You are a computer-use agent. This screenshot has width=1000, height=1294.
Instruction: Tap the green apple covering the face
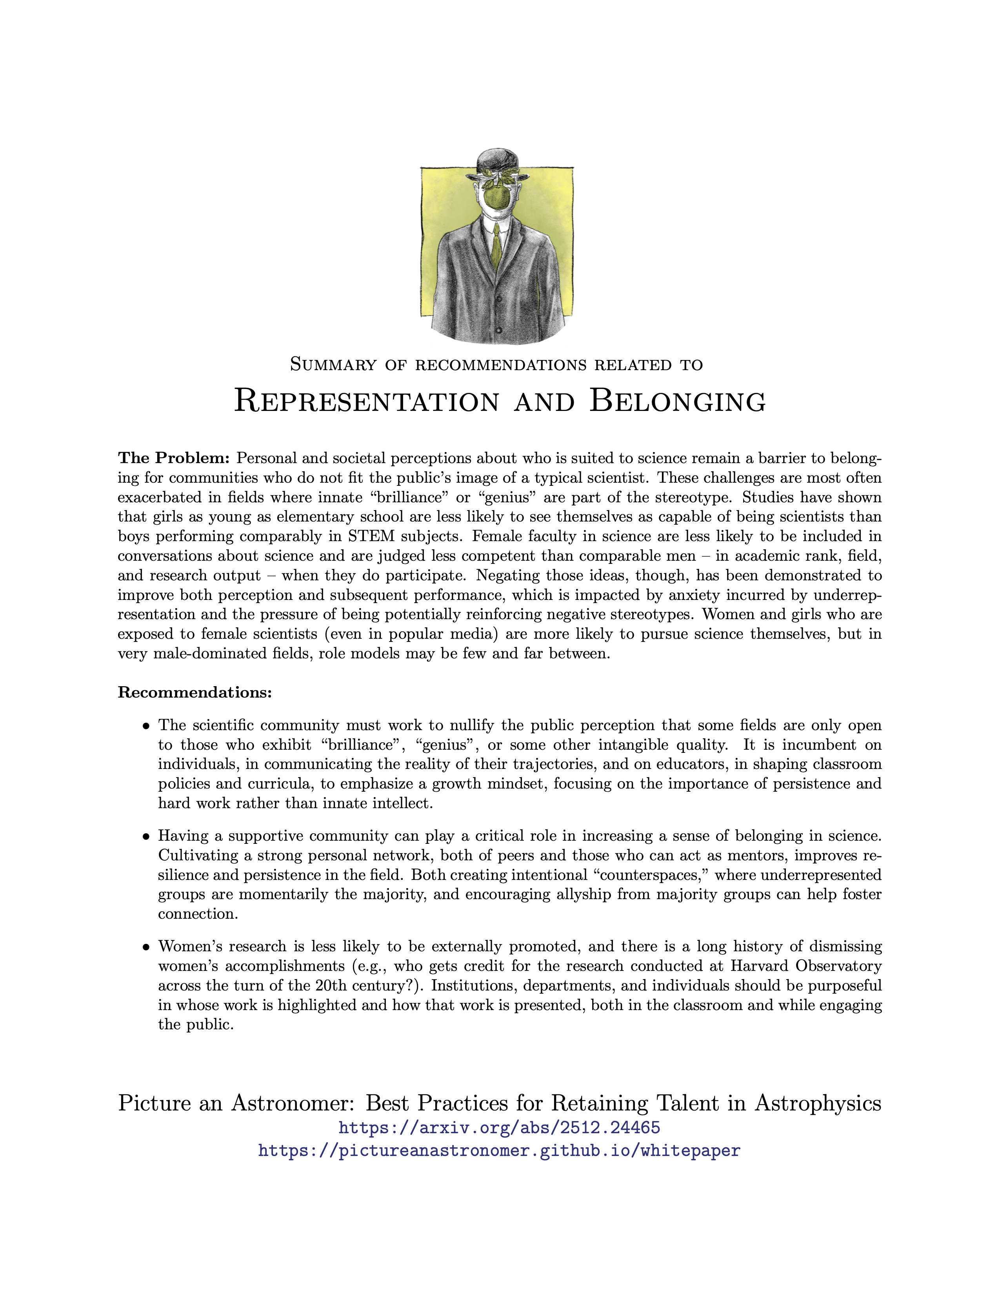click(x=496, y=196)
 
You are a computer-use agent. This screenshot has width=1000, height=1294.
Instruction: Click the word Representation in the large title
click(x=367, y=401)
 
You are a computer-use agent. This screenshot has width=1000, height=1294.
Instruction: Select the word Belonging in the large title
click(x=677, y=401)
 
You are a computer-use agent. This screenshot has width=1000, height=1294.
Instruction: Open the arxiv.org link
click(x=499, y=1127)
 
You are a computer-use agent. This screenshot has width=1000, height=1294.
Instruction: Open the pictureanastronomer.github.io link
click(x=499, y=1150)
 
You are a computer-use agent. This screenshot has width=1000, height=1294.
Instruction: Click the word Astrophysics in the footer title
click(x=818, y=1103)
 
